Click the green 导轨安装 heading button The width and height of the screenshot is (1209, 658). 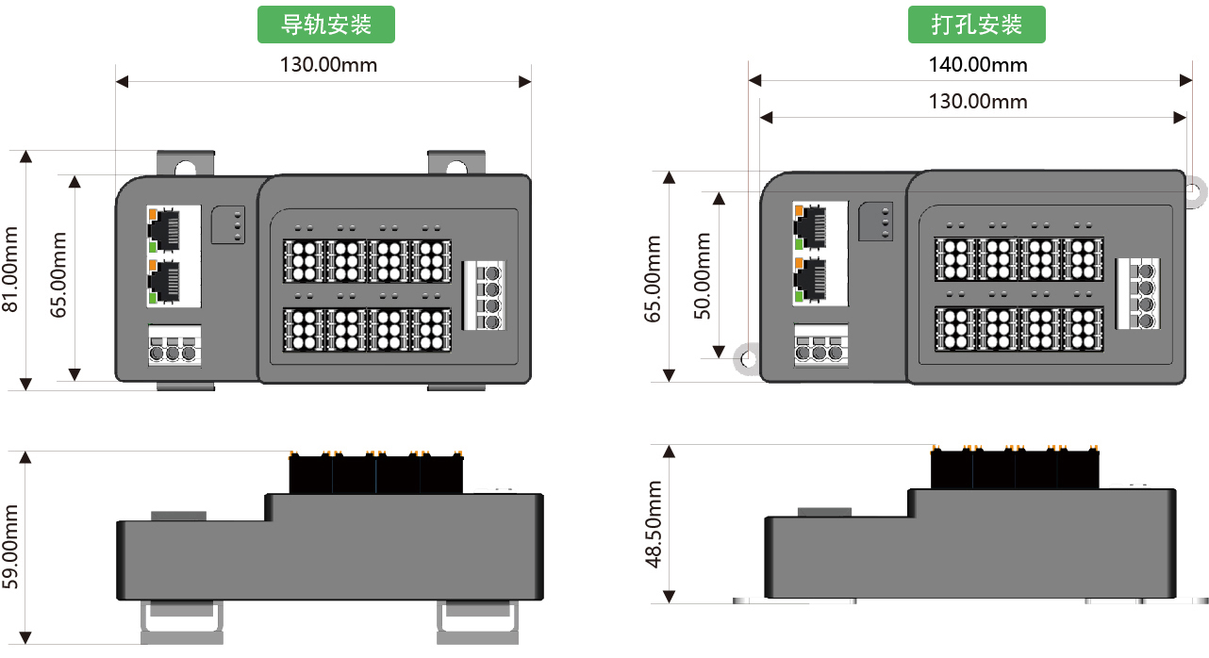(326, 25)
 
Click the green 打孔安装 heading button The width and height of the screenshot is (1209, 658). (977, 25)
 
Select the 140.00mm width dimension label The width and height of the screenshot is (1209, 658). (977, 65)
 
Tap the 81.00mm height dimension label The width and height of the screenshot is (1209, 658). (11, 269)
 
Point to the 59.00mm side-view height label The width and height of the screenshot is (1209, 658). (11, 548)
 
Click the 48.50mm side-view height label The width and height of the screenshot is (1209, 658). (654, 524)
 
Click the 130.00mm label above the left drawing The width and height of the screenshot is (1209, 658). (328, 65)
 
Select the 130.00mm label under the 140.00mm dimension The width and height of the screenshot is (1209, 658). (977, 101)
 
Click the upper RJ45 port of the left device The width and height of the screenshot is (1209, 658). (166, 229)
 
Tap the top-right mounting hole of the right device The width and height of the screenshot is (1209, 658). (1193, 191)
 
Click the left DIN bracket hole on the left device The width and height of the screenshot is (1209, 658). (187, 168)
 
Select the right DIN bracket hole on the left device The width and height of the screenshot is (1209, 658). (456, 168)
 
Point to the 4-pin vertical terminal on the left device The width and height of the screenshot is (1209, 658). (484, 295)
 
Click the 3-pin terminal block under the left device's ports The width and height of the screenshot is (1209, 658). (174, 346)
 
